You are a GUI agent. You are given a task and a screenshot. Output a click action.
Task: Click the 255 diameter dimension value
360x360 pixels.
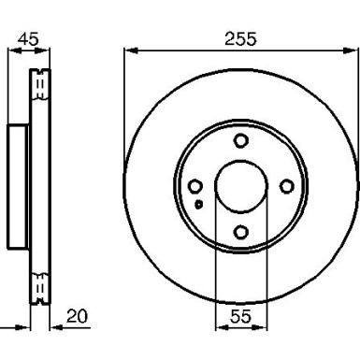click(x=240, y=38)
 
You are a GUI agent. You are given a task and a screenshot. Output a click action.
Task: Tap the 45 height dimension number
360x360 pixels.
click(x=29, y=38)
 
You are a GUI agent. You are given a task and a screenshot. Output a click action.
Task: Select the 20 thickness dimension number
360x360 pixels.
click(x=79, y=317)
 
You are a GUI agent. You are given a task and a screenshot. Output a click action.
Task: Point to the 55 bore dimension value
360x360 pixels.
click(x=240, y=317)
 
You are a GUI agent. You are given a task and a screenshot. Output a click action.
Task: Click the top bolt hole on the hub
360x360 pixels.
click(x=241, y=141)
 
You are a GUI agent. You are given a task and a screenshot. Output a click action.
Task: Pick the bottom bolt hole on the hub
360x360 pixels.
click(x=241, y=232)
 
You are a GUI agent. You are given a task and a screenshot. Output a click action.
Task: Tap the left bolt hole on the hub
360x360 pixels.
click(x=195, y=187)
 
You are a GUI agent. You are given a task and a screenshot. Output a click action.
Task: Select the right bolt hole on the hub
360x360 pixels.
click(x=287, y=187)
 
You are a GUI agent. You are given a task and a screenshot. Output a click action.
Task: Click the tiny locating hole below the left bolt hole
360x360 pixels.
click(x=198, y=203)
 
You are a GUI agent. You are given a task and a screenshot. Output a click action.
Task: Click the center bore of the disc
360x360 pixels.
click(x=241, y=187)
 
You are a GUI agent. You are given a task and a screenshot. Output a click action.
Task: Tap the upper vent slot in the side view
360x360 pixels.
click(x=40, y=86)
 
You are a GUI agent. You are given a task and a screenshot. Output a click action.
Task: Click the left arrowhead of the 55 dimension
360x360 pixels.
click(x=221, y=329)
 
